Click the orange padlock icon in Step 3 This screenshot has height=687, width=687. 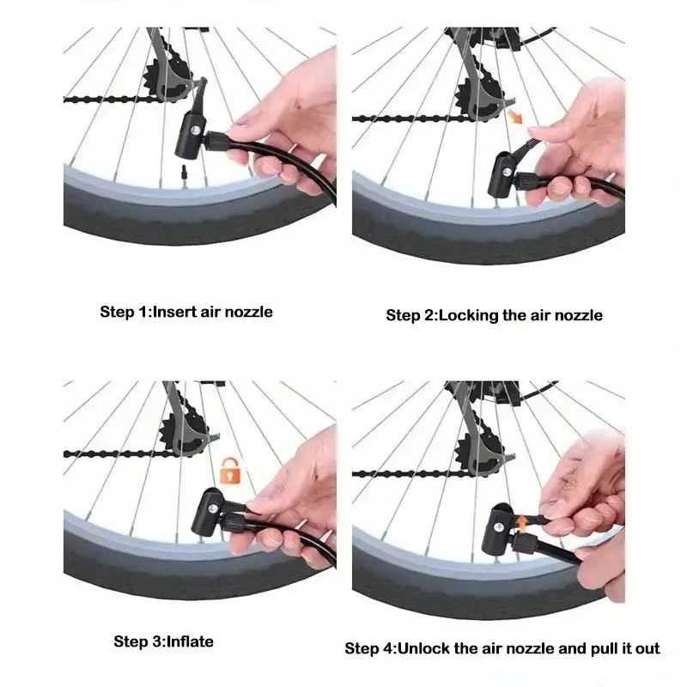click(x=228, y=471)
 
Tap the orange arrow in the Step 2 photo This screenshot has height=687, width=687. click(x=515, y=117)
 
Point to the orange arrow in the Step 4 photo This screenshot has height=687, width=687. click(x=522, y=523)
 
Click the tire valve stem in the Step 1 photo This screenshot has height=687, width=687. click(x=184, y=173)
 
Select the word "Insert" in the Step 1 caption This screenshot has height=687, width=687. click(x=174, y=312)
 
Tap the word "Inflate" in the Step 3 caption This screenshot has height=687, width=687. click(x=190, y=641)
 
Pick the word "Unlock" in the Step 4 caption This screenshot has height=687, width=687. click(x=423, y=648)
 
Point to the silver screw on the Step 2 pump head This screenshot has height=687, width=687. click(x=508, y=173)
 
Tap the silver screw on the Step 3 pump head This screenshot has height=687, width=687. click(x=213, y=508)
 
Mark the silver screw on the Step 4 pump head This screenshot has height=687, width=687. click(x=499, y=526)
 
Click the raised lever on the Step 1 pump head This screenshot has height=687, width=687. click(x=201, y=94)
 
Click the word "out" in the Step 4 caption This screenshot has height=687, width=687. click(x=647, y=649)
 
